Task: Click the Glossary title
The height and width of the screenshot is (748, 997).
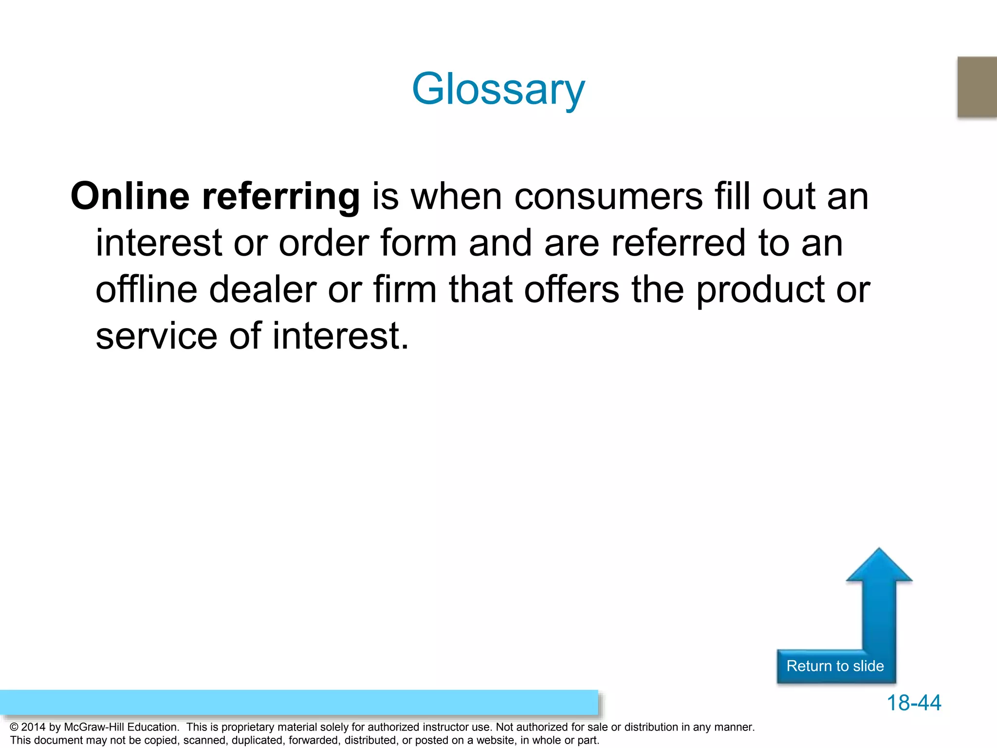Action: click(498, 89)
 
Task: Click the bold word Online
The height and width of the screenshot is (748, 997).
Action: click(130, 196)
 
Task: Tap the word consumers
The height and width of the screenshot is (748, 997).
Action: click(608, 197)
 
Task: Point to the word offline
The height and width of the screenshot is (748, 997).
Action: click(146, 289)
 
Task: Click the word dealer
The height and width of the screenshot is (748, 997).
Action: click(263, 289)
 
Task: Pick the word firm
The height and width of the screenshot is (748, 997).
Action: click(405, 289)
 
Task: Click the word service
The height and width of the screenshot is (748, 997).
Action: click(156, 336)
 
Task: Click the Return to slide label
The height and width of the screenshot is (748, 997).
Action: click(835, 666)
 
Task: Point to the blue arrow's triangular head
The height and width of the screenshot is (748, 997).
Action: click(879, 567)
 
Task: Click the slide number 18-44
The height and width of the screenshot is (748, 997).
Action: click(914, 703)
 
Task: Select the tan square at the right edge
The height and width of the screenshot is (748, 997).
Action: click(978, 87)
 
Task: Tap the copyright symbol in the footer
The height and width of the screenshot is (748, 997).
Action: click(14, 728)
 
